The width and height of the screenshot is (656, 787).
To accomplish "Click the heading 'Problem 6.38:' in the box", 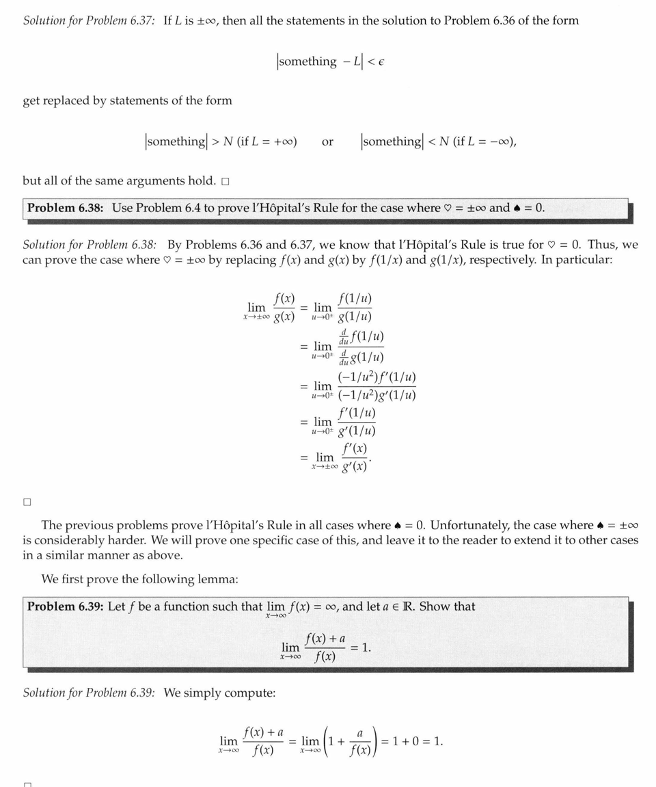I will pyautogui.click(x=66, y=208).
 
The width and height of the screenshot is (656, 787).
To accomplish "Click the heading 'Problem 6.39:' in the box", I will pyautogui.click(x=66, y=606).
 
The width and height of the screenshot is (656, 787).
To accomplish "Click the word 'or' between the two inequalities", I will pyautogui.click(x=327, y=142).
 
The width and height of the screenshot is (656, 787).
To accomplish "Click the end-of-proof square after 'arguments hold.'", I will pyautogui.click(x=225, y=182).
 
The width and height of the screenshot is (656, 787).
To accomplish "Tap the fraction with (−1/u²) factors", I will pyautogui.click(x=377, y=386).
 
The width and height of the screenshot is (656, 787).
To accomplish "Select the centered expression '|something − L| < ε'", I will pyautogui.click(x=331, y=62).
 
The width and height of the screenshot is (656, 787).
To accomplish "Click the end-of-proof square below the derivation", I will pyautogui.click(x=27, y=501).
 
